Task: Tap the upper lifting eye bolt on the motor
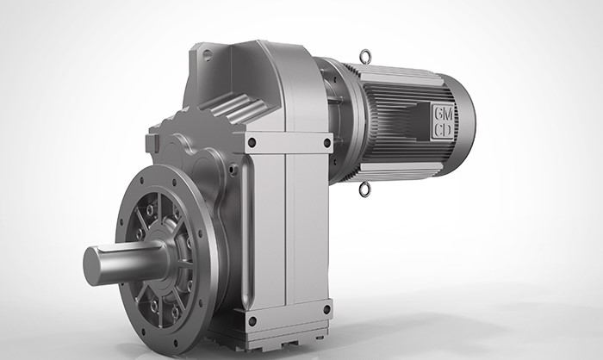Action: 364,57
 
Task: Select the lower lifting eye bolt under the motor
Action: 364,189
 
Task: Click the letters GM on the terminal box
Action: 443,113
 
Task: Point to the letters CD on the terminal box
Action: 443,130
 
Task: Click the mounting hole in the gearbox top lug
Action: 208,55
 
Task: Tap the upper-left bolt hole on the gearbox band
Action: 252,143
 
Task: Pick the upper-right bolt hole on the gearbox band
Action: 326,143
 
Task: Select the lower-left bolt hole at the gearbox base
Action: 252,321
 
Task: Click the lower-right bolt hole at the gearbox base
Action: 326,309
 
